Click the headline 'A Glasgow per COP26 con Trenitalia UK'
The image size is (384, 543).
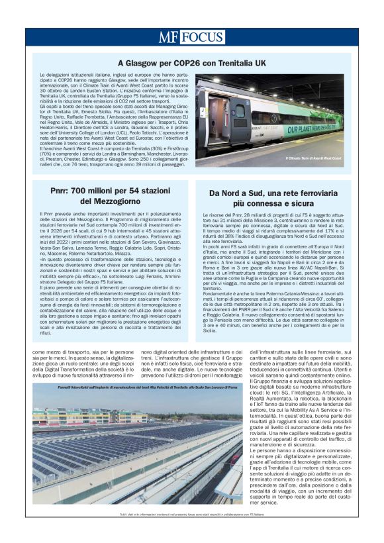click(x=191, y=64)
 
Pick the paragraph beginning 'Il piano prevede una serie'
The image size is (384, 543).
click(x=110, y=304)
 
